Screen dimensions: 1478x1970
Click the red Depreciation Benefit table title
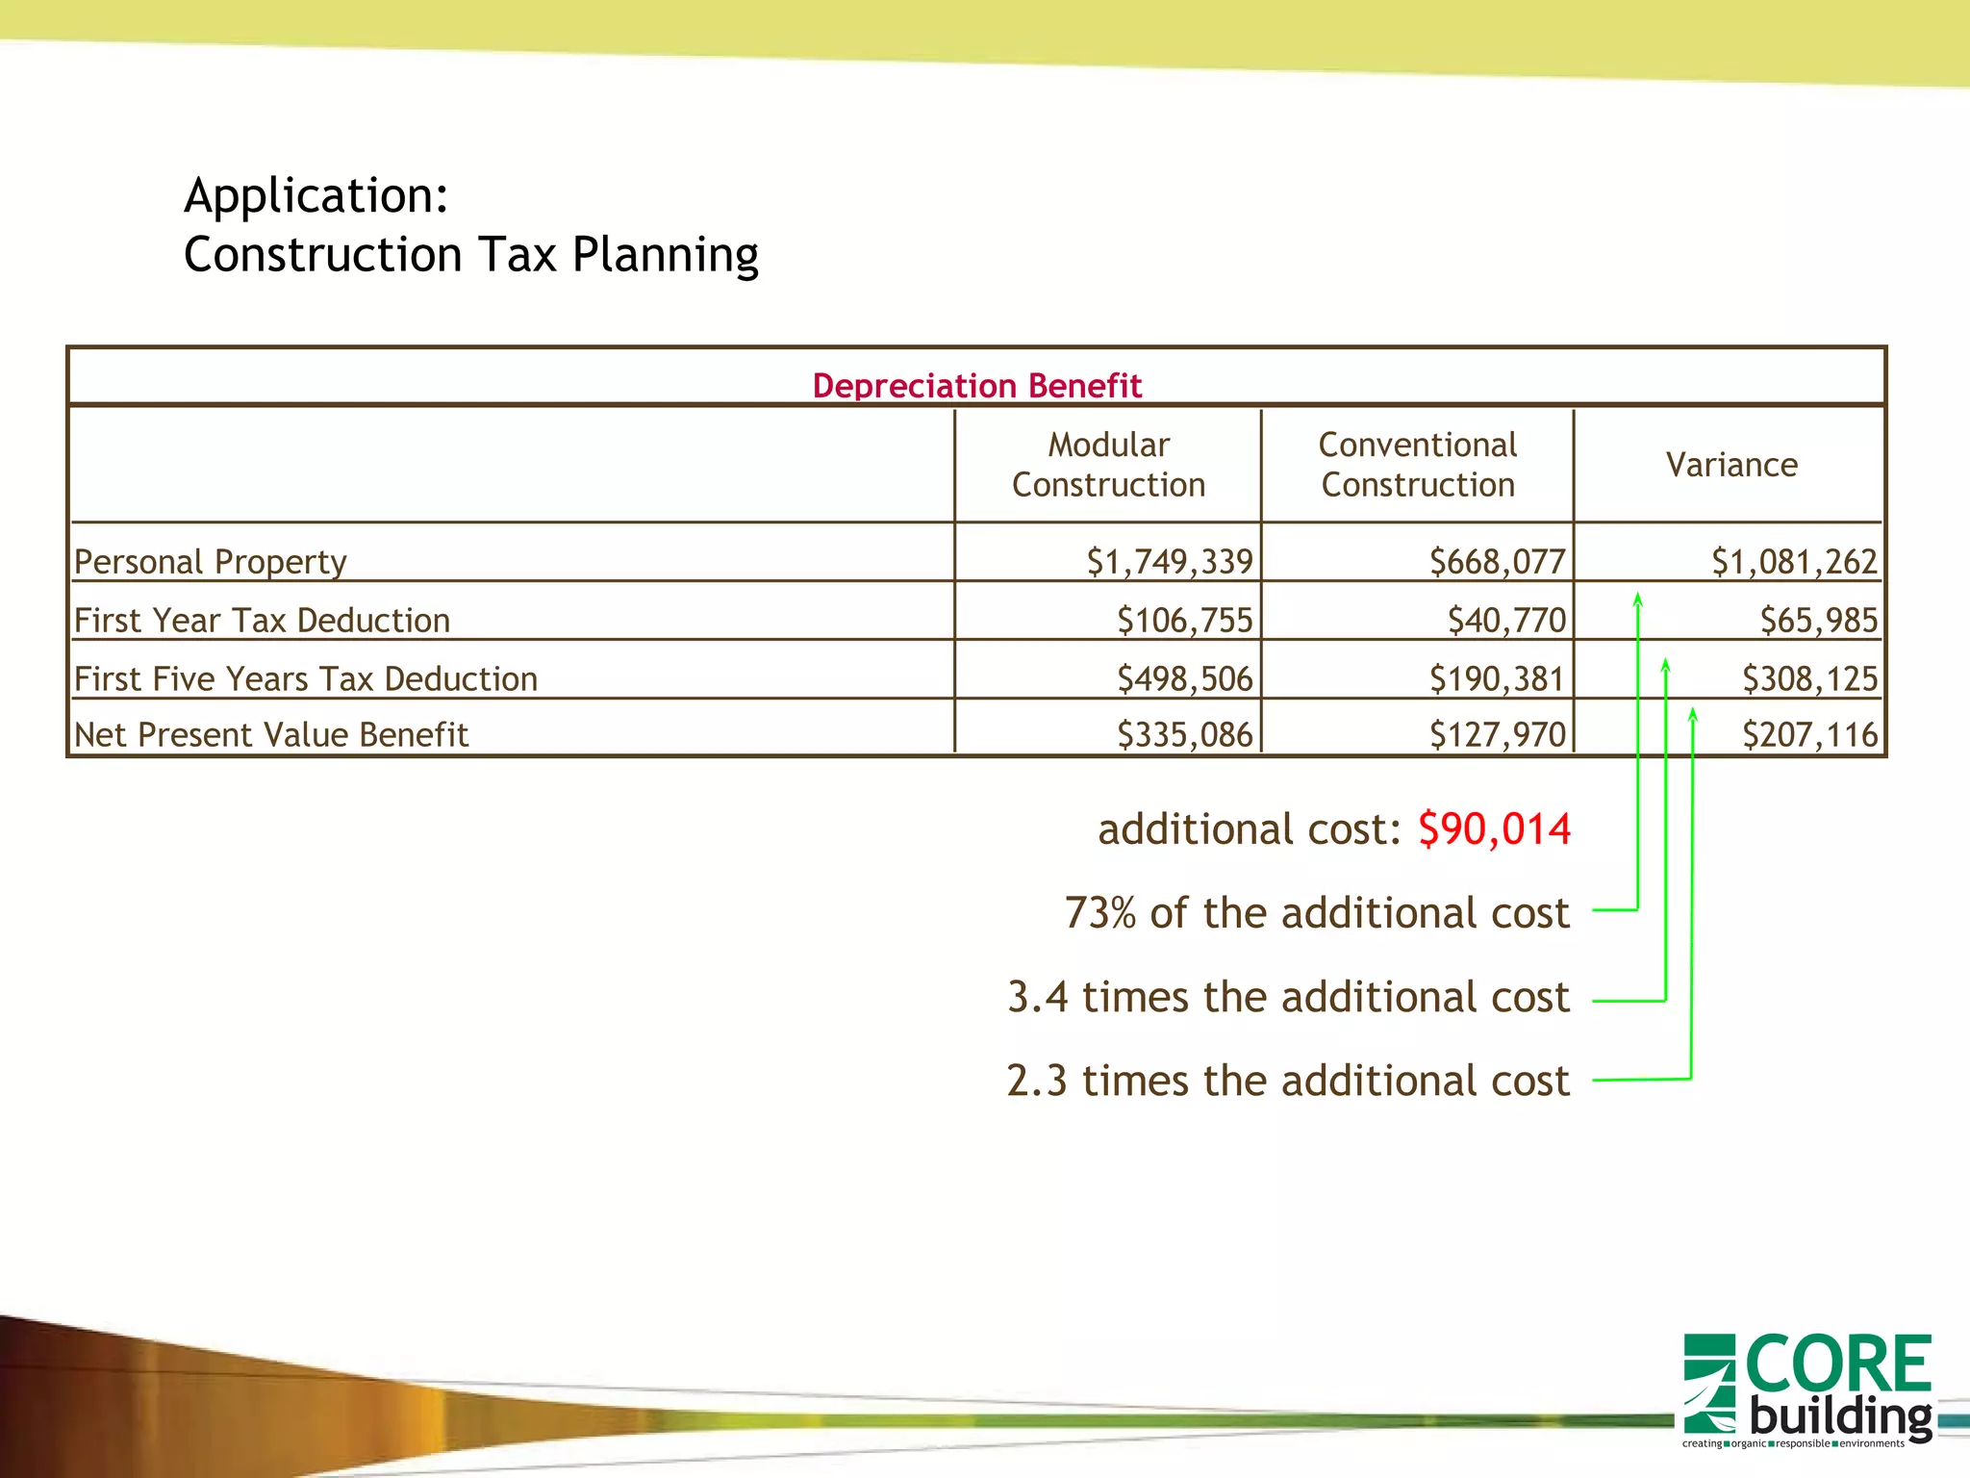[976, 386]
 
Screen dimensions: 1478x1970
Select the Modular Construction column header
[1108, 465]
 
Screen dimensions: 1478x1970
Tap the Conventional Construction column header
[1418, 465]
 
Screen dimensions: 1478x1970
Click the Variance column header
[1731, 465]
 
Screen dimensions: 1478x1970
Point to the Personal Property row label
[210, 562]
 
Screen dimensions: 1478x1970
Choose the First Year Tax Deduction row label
[262, 621]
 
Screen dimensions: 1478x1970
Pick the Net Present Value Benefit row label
[271, 735]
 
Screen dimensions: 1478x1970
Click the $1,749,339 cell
[1170, 562]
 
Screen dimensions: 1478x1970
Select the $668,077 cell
[1498, 562]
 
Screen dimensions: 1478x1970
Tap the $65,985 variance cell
[1818, 621]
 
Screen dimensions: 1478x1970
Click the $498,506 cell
[1185, 679]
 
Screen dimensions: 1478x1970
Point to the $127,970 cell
[1498, 735]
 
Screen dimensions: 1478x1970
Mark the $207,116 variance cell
[1809, 735]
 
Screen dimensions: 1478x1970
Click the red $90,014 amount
[1494, 829]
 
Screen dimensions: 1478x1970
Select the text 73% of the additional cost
[1317, 913]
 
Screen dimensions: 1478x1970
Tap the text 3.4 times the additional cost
[1288, 997]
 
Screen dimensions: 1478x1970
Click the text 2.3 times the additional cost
[1288, 1081]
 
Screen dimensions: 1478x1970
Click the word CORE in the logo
[1837, 1363]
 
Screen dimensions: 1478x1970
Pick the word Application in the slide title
[316, 195]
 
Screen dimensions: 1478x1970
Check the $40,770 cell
[1506, 621]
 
